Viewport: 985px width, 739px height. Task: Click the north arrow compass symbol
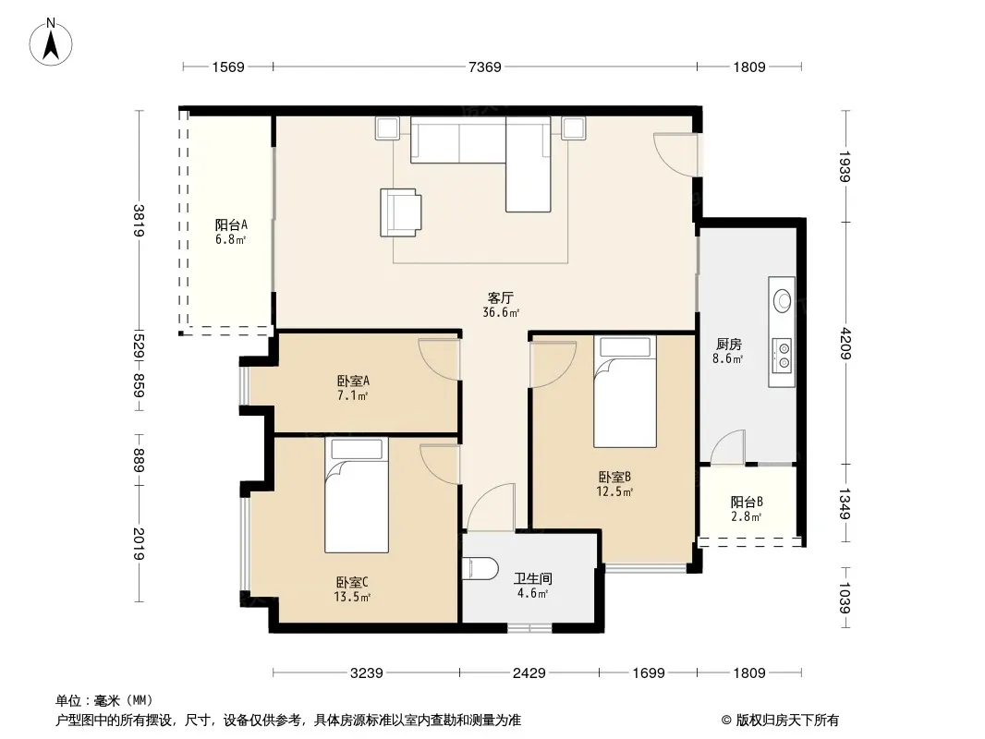(x=51, y=42)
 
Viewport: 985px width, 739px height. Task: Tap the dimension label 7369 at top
(x=485, y=67)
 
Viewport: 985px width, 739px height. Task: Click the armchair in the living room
(x=401, y=212)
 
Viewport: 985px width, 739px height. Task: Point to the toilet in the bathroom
(x=480, y=567)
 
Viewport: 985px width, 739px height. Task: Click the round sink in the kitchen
(x=782, y=299)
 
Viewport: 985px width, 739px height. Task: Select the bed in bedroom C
(x=356, y=495)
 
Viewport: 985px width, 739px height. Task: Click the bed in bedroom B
(x=625, y=392)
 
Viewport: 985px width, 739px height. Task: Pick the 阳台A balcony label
(x=231, y=224)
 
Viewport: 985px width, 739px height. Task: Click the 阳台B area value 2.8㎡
(x=747, y=516)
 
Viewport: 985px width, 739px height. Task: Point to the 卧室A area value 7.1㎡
(x=352, y=395)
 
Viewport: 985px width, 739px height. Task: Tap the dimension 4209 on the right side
(x=845, y=344)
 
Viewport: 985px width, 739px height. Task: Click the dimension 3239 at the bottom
(x=366, y=673)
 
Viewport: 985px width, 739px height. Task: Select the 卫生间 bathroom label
(x=533, y=578)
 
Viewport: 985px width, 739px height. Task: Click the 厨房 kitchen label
(x=729, y=344)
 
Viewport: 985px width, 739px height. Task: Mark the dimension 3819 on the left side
(x=139, y=221)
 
